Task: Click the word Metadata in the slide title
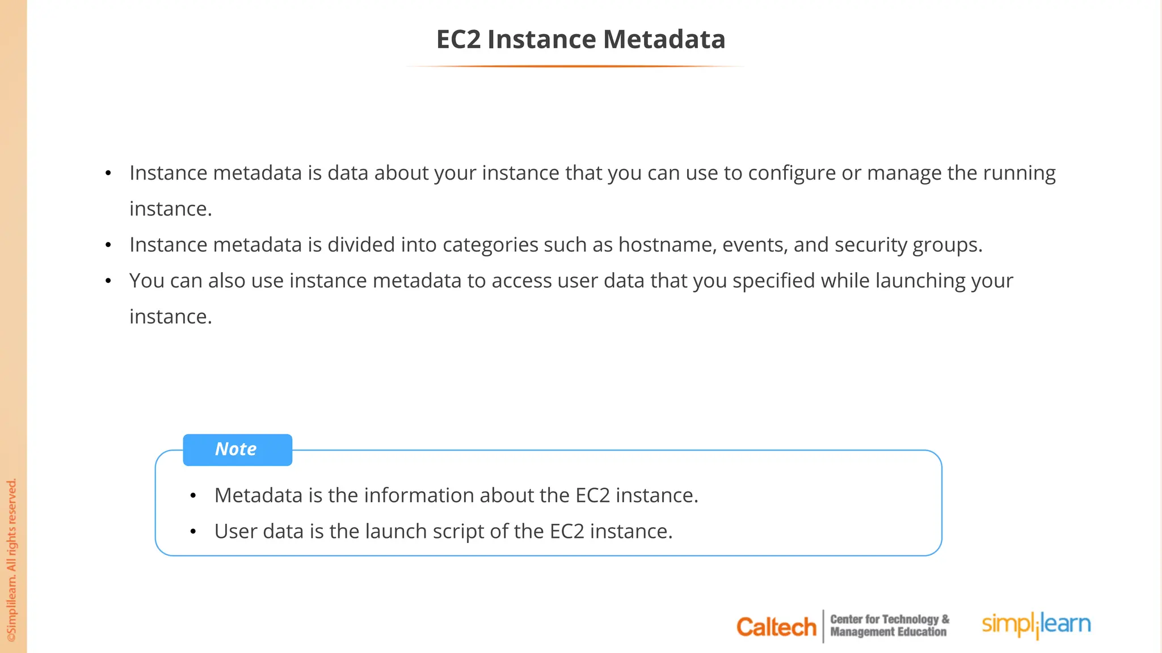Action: [x=664, y=40]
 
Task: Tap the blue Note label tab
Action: [x=237, y=450]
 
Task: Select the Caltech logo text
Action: [x=776, y=627]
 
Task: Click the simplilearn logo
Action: [x=1036, y=625]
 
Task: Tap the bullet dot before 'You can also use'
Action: [x=108, y=281]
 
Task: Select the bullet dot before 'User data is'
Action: [x=193, y=532]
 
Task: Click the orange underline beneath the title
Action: [x=574, y=66]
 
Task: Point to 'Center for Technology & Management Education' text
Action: [x=889, y=626]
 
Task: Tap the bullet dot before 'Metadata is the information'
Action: [x=193, y=496]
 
